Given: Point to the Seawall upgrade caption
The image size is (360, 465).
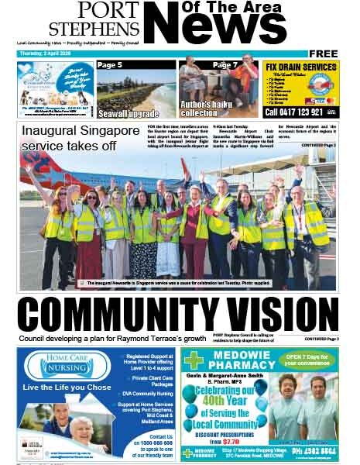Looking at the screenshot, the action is tap(129, 112).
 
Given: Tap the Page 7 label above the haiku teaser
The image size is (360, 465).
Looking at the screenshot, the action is tap(225, 65).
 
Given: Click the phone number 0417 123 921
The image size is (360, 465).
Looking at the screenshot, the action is tap(300, 112).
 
